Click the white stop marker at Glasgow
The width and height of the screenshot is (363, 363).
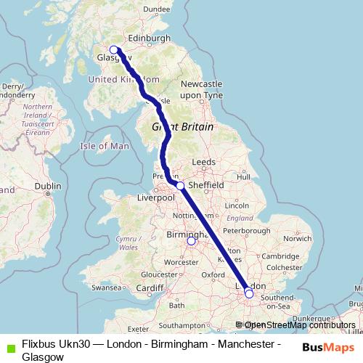coord(113,50)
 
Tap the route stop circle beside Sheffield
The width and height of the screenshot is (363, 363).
coord(180,186)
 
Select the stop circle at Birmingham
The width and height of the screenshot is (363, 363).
coord(192,242)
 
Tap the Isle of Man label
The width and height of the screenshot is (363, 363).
coord(104,146)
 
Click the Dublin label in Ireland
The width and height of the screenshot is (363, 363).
coord(47,186)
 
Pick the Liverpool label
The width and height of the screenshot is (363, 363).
coord(158,198)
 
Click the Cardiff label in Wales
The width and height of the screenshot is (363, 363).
coord(150,287)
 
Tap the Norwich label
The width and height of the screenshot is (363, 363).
coord(298,238)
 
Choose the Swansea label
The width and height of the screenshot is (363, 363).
coord(106,287)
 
